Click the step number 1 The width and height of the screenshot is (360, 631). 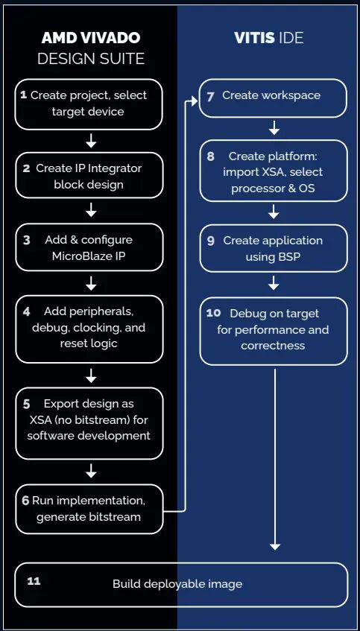coord(23,95)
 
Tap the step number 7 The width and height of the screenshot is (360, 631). coord(210,97)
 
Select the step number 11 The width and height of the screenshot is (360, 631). coord(34,581)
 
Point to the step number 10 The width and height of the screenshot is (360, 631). coord(212,313)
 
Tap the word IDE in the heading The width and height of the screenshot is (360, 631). coord(291,38)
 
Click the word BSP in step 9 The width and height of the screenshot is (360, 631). coord(289,257)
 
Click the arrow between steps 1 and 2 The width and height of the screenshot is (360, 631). coord(92,141)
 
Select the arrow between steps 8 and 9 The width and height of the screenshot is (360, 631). coord(274,212)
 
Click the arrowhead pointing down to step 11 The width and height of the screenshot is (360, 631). coord(275,546)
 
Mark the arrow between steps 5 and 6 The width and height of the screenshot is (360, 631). coord(92,470)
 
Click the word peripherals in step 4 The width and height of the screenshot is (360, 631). coord(109,311)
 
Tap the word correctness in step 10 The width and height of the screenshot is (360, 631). coord(273,346)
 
